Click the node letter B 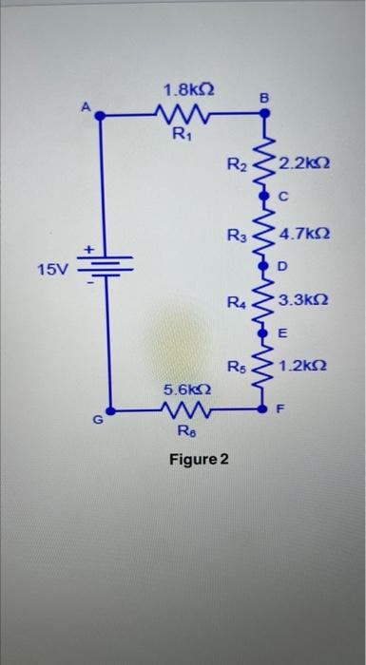(x=265, y=97)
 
